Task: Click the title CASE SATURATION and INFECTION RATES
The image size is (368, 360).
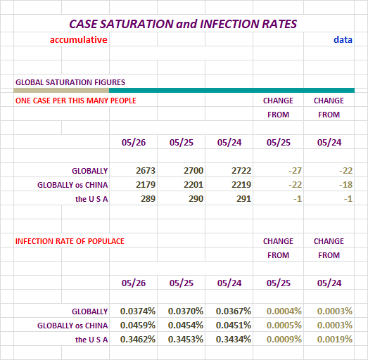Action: point(183,24)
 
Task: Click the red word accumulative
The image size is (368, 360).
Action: point(78,39)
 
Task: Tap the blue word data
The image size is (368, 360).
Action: point(343,39)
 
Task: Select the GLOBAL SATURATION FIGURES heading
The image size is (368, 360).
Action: point(70,82)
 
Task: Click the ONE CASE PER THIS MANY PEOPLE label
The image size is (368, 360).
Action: point(76,101)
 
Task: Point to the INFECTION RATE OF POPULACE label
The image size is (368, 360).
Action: point(70,241)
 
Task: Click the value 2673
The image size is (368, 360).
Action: point(146,170)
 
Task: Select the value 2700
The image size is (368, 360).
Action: point(193,170)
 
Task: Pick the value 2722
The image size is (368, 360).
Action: point(241,170)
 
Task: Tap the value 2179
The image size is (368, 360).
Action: point(146,185)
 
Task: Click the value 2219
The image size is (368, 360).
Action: point(241,185)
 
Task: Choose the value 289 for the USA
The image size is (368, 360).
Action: point(148,199)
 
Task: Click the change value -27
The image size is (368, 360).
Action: point(295,170)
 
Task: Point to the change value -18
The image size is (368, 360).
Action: point(345,185)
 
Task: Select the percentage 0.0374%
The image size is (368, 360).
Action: point(138,311)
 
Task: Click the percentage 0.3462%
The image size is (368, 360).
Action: point(138,340)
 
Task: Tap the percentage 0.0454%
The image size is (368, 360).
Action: point(186,326)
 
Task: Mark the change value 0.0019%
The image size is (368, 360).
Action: point(335,340)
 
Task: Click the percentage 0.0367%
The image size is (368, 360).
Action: point(234,311)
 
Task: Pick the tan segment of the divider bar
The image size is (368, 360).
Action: point(61,90)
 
